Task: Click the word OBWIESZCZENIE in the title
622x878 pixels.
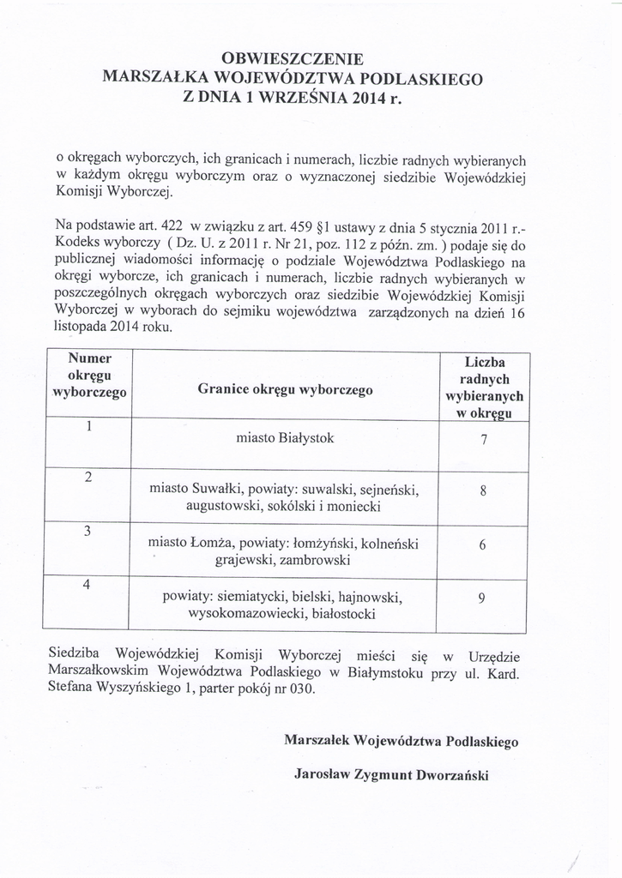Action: tap(293, 59)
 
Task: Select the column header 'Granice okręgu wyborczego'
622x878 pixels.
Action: tap(285, 389)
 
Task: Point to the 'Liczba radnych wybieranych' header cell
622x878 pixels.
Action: tap(484, 388)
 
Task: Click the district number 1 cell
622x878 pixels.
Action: tap(89, 427)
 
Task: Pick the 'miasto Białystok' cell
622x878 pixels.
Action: tap(285, 439)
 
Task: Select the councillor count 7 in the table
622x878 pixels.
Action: tap(484, 441)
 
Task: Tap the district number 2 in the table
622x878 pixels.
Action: tap(88, 478)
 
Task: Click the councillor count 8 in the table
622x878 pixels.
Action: tap(484, 492)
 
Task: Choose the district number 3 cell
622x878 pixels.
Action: tap(88, 530)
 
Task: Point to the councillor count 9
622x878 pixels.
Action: tap(484, 599)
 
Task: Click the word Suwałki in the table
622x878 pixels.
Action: tap(214, 490)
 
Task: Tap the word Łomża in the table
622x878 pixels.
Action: tap(211, 544)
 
